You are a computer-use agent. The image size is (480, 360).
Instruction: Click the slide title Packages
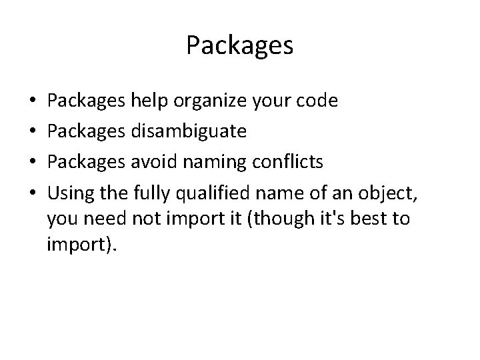click(239, 45)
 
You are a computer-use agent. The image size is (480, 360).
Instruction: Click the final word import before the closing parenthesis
click(77, 247)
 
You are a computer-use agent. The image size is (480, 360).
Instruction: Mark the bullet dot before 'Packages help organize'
click(34, 102)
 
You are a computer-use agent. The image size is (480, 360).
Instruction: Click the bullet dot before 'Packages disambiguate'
click(34, 132)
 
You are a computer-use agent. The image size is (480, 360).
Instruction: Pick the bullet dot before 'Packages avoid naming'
click(34, 161)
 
